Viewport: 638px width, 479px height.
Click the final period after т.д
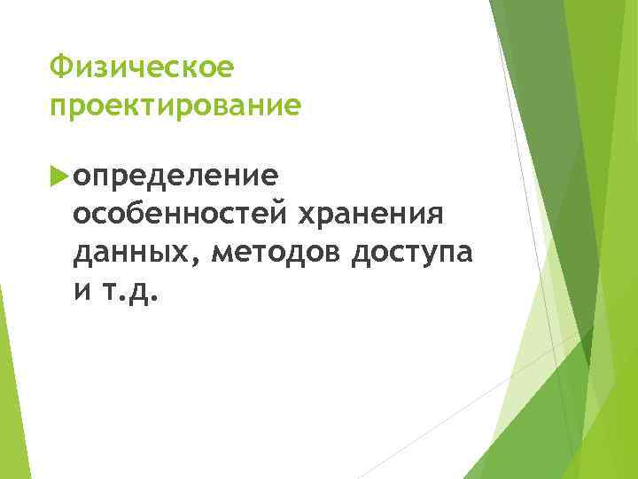(x=157, y=299)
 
